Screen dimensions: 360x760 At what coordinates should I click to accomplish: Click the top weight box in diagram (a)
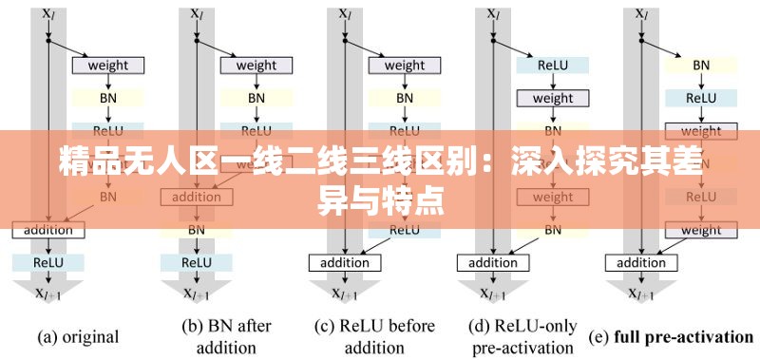107,66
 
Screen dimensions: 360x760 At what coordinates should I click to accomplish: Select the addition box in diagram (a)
48,230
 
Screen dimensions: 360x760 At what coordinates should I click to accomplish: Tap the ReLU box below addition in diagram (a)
48,262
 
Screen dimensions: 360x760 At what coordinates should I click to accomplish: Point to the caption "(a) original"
78,336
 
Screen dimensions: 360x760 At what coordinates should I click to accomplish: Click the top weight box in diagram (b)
256,66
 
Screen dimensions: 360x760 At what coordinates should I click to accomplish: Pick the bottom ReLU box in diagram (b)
197,262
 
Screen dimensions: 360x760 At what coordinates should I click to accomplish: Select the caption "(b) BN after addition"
226,336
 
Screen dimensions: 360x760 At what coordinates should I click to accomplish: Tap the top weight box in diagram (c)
405,66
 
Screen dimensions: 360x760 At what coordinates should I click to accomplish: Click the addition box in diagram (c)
345,263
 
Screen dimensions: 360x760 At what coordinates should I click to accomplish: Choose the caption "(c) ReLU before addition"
374,336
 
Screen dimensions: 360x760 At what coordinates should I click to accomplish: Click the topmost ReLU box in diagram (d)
553,66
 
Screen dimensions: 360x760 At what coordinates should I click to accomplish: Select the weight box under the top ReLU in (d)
553,98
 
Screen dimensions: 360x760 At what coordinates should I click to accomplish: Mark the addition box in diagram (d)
493,263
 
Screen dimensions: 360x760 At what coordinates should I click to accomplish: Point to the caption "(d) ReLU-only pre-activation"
523,336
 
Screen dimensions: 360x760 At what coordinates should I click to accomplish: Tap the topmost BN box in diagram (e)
701,66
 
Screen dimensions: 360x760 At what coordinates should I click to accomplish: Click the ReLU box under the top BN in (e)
701,98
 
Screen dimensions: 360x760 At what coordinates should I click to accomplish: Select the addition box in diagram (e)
642,263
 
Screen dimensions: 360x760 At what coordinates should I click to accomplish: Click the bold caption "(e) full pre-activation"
672,336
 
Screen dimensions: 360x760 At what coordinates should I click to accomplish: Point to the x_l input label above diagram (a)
48,14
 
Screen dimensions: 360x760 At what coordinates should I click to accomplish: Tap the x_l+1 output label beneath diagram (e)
643,294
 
